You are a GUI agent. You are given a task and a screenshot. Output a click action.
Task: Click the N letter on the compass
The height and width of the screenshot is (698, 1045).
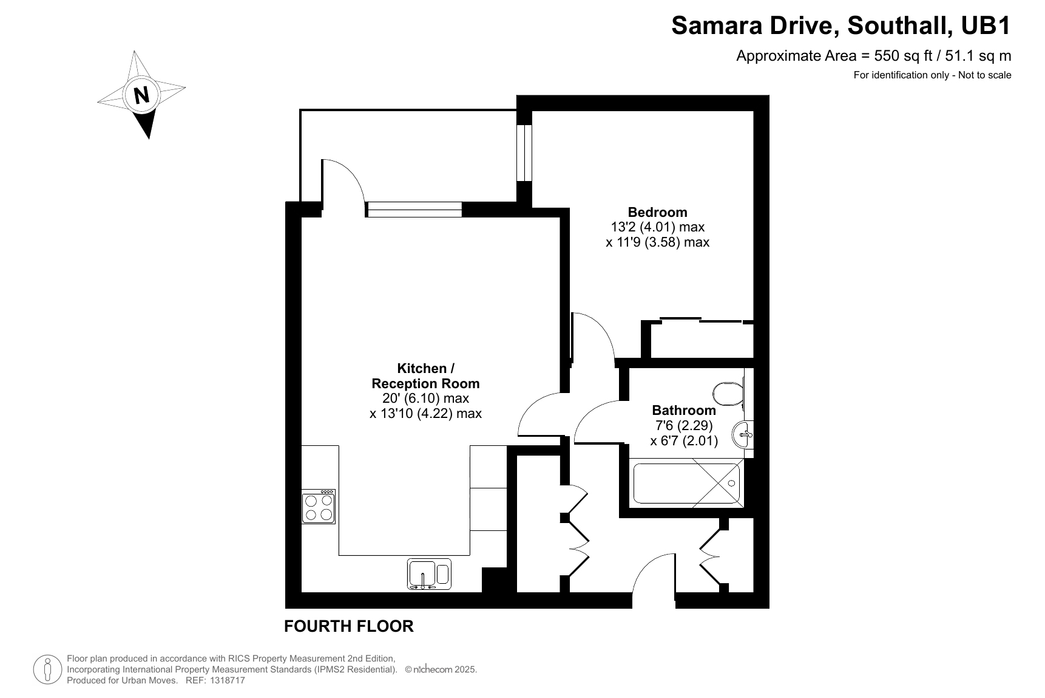coord(141,95)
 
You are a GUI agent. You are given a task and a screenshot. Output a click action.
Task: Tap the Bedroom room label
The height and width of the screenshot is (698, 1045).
coord(657,212)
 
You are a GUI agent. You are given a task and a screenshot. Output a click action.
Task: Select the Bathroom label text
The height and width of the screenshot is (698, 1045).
coord(684,410)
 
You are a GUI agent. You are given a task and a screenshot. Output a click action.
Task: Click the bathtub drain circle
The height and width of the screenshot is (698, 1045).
coord(731,484)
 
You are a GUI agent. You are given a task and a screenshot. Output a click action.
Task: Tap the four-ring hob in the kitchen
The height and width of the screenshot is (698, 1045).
coord(319,507)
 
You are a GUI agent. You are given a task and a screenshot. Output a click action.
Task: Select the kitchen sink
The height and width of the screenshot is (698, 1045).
coord(429,574)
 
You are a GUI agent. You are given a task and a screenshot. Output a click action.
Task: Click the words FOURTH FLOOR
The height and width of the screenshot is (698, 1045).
coord(349,626)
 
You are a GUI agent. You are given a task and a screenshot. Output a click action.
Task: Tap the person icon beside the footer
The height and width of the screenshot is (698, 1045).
coord(47,669)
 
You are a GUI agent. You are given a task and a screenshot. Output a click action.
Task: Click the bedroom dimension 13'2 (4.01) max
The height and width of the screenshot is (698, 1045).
coord(657,227)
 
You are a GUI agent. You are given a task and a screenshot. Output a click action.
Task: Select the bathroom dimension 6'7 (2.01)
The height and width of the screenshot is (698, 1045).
coord(684,440)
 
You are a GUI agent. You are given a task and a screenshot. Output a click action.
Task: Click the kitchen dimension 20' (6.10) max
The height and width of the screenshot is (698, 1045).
coord(425,399)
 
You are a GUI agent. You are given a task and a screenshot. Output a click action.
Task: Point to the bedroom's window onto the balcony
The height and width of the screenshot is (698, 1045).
coord(524,153)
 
